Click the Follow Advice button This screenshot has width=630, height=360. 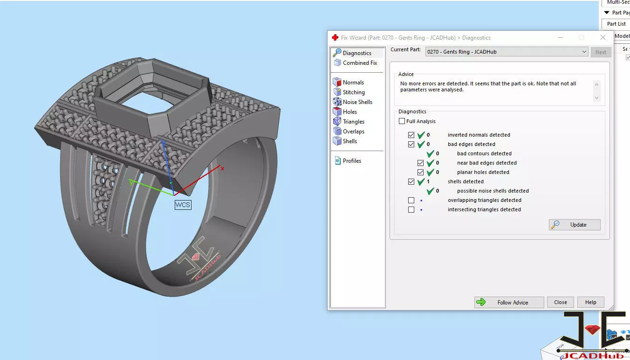click(509, 302)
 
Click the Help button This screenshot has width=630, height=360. click(590, 302)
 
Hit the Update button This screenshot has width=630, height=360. click(574, 225)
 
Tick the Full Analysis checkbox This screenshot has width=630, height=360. click(402, 121)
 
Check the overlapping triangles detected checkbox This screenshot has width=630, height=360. click(411, 201)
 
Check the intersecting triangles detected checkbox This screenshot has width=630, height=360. click(411, 210)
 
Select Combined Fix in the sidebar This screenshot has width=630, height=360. click(359, 63)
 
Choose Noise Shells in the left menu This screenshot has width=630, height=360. click(357, 102)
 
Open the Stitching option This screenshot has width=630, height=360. click(353, 92)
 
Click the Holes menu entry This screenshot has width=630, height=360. click(349, 112)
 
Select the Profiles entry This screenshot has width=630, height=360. click(351, 161)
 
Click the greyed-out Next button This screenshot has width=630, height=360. click(601, 52)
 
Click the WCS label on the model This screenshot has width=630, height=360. click(183, 205)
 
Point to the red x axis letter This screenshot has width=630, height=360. click(222, 168)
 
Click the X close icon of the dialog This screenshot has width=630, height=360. click(603, 37)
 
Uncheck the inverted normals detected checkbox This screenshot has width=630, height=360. click(411, 135)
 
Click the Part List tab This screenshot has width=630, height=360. click(616, 24)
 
